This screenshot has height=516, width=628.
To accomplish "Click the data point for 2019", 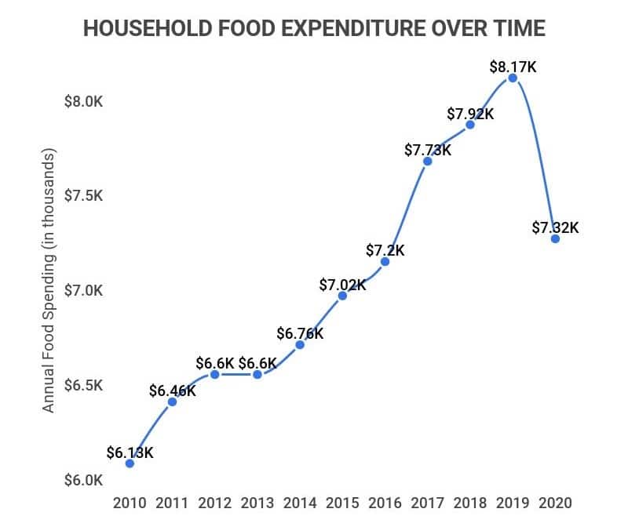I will point(513,78).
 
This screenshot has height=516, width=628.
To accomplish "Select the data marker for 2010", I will point(130,463).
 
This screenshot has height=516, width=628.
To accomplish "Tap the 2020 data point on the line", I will point(555,238).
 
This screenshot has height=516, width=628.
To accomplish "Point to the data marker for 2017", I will point(428,161).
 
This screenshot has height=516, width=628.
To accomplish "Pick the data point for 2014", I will point(300,344).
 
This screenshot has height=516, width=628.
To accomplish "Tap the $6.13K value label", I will point(130,453).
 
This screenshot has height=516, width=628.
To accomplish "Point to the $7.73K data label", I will point(428,150).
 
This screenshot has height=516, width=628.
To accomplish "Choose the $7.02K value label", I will point(342,285).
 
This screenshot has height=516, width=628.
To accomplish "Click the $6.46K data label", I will point(172,391).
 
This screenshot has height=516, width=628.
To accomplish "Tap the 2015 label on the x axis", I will point(342,502).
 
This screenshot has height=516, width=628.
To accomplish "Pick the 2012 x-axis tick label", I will point(214,502).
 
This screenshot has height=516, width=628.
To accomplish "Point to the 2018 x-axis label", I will point(470,502).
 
